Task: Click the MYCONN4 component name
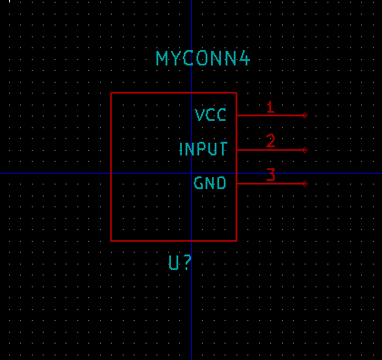203,58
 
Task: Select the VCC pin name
210,115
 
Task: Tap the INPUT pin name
203,149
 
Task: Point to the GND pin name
210,183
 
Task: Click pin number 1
271,107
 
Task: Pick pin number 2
271,141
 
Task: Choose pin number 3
271,175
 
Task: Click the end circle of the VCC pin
305,115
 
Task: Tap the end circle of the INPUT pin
305,150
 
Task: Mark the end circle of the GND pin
305,184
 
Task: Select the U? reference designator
180,263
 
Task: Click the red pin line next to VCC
271,115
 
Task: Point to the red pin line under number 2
271,150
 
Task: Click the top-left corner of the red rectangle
111,93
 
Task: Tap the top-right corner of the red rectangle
236,93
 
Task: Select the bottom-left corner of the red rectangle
111,241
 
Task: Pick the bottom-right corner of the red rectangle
236,241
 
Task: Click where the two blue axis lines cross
191,173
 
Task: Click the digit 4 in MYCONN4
245,58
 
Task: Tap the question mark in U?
187,263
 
